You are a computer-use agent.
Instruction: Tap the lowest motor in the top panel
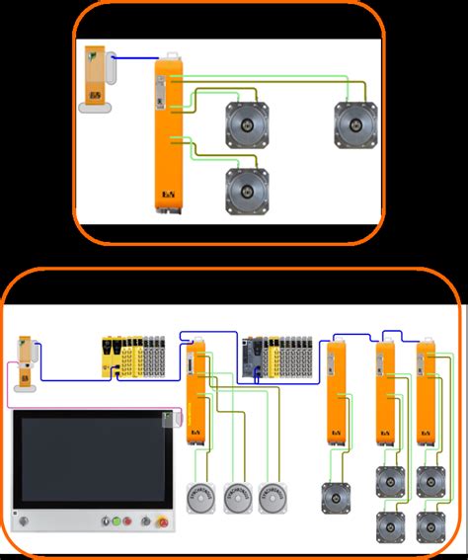coord(247,191)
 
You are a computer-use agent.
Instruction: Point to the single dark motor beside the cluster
coord(334,497)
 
